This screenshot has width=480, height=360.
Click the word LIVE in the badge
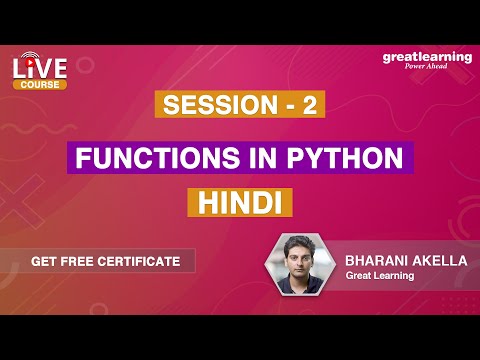pos(39,67)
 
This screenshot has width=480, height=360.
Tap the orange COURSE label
pos(40,85)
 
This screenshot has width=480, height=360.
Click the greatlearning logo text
pos(427,57)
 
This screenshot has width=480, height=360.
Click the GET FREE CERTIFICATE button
pos(105,261)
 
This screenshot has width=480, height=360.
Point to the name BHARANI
pos(375,258)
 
